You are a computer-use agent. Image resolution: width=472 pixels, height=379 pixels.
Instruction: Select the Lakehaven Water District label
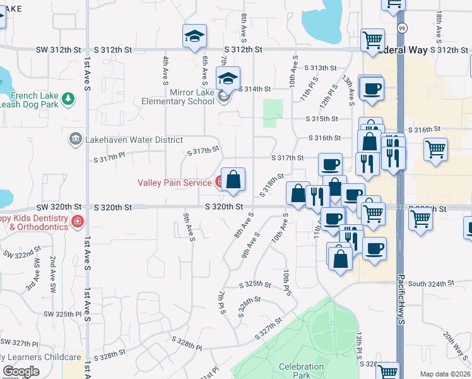click(133, 140)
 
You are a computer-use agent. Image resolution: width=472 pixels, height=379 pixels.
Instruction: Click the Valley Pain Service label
click(175, 183)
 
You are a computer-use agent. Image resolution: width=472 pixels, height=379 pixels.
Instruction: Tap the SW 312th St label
click(59, 49)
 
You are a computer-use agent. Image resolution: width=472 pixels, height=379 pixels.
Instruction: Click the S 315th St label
click(321, 119)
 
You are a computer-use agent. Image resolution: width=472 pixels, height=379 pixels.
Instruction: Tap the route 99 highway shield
click(401, 28)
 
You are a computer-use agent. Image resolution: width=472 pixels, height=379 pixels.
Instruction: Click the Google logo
click(21, 371)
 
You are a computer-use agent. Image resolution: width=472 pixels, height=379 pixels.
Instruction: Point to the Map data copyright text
click(445, 374)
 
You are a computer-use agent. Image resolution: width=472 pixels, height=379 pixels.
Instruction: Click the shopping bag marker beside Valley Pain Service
click(233, 179)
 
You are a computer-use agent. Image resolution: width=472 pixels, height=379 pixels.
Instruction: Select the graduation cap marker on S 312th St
click(195, 37)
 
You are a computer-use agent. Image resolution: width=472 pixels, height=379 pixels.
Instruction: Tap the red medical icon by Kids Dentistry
click(77, 222)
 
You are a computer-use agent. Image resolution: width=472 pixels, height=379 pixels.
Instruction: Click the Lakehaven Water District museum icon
click(75, 138)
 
